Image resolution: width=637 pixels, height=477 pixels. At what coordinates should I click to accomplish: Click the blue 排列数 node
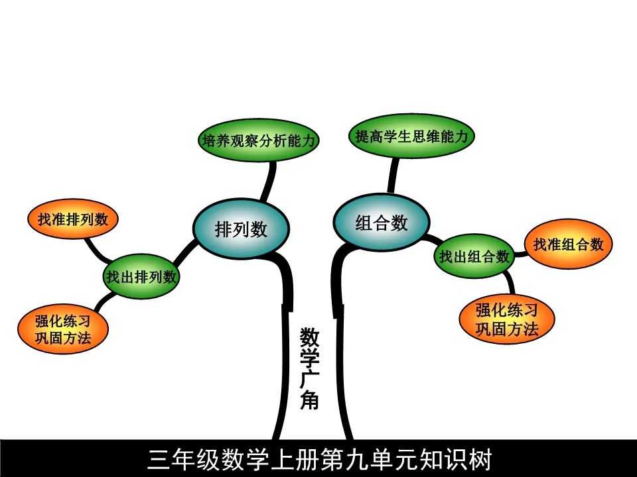click(x=241, y=229)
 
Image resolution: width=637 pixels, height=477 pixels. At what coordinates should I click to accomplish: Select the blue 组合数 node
click(x=381, y=223)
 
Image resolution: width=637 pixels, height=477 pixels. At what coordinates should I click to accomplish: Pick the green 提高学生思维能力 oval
click(x=411, y=137)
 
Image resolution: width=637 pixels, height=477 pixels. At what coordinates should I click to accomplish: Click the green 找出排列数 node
click(x=142, y=276)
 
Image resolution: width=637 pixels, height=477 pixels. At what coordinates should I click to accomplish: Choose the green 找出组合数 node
click(x=474, y=256)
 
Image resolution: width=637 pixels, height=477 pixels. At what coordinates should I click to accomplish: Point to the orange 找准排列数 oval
click(x=72, y=219)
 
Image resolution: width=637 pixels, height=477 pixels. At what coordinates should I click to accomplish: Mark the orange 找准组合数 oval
click(x=568, y=244)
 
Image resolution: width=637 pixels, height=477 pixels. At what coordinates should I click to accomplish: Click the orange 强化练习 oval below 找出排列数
click(x=63, y=329)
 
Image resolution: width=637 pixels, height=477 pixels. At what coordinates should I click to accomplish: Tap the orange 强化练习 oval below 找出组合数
click(x=506, y=319)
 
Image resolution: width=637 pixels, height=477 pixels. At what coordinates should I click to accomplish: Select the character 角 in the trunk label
click(x=309, y=400)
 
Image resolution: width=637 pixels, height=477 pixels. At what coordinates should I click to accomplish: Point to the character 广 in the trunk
click(x=309, y=379)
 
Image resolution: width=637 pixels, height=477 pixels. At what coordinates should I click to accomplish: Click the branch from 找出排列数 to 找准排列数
click(x=98, y=252)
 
